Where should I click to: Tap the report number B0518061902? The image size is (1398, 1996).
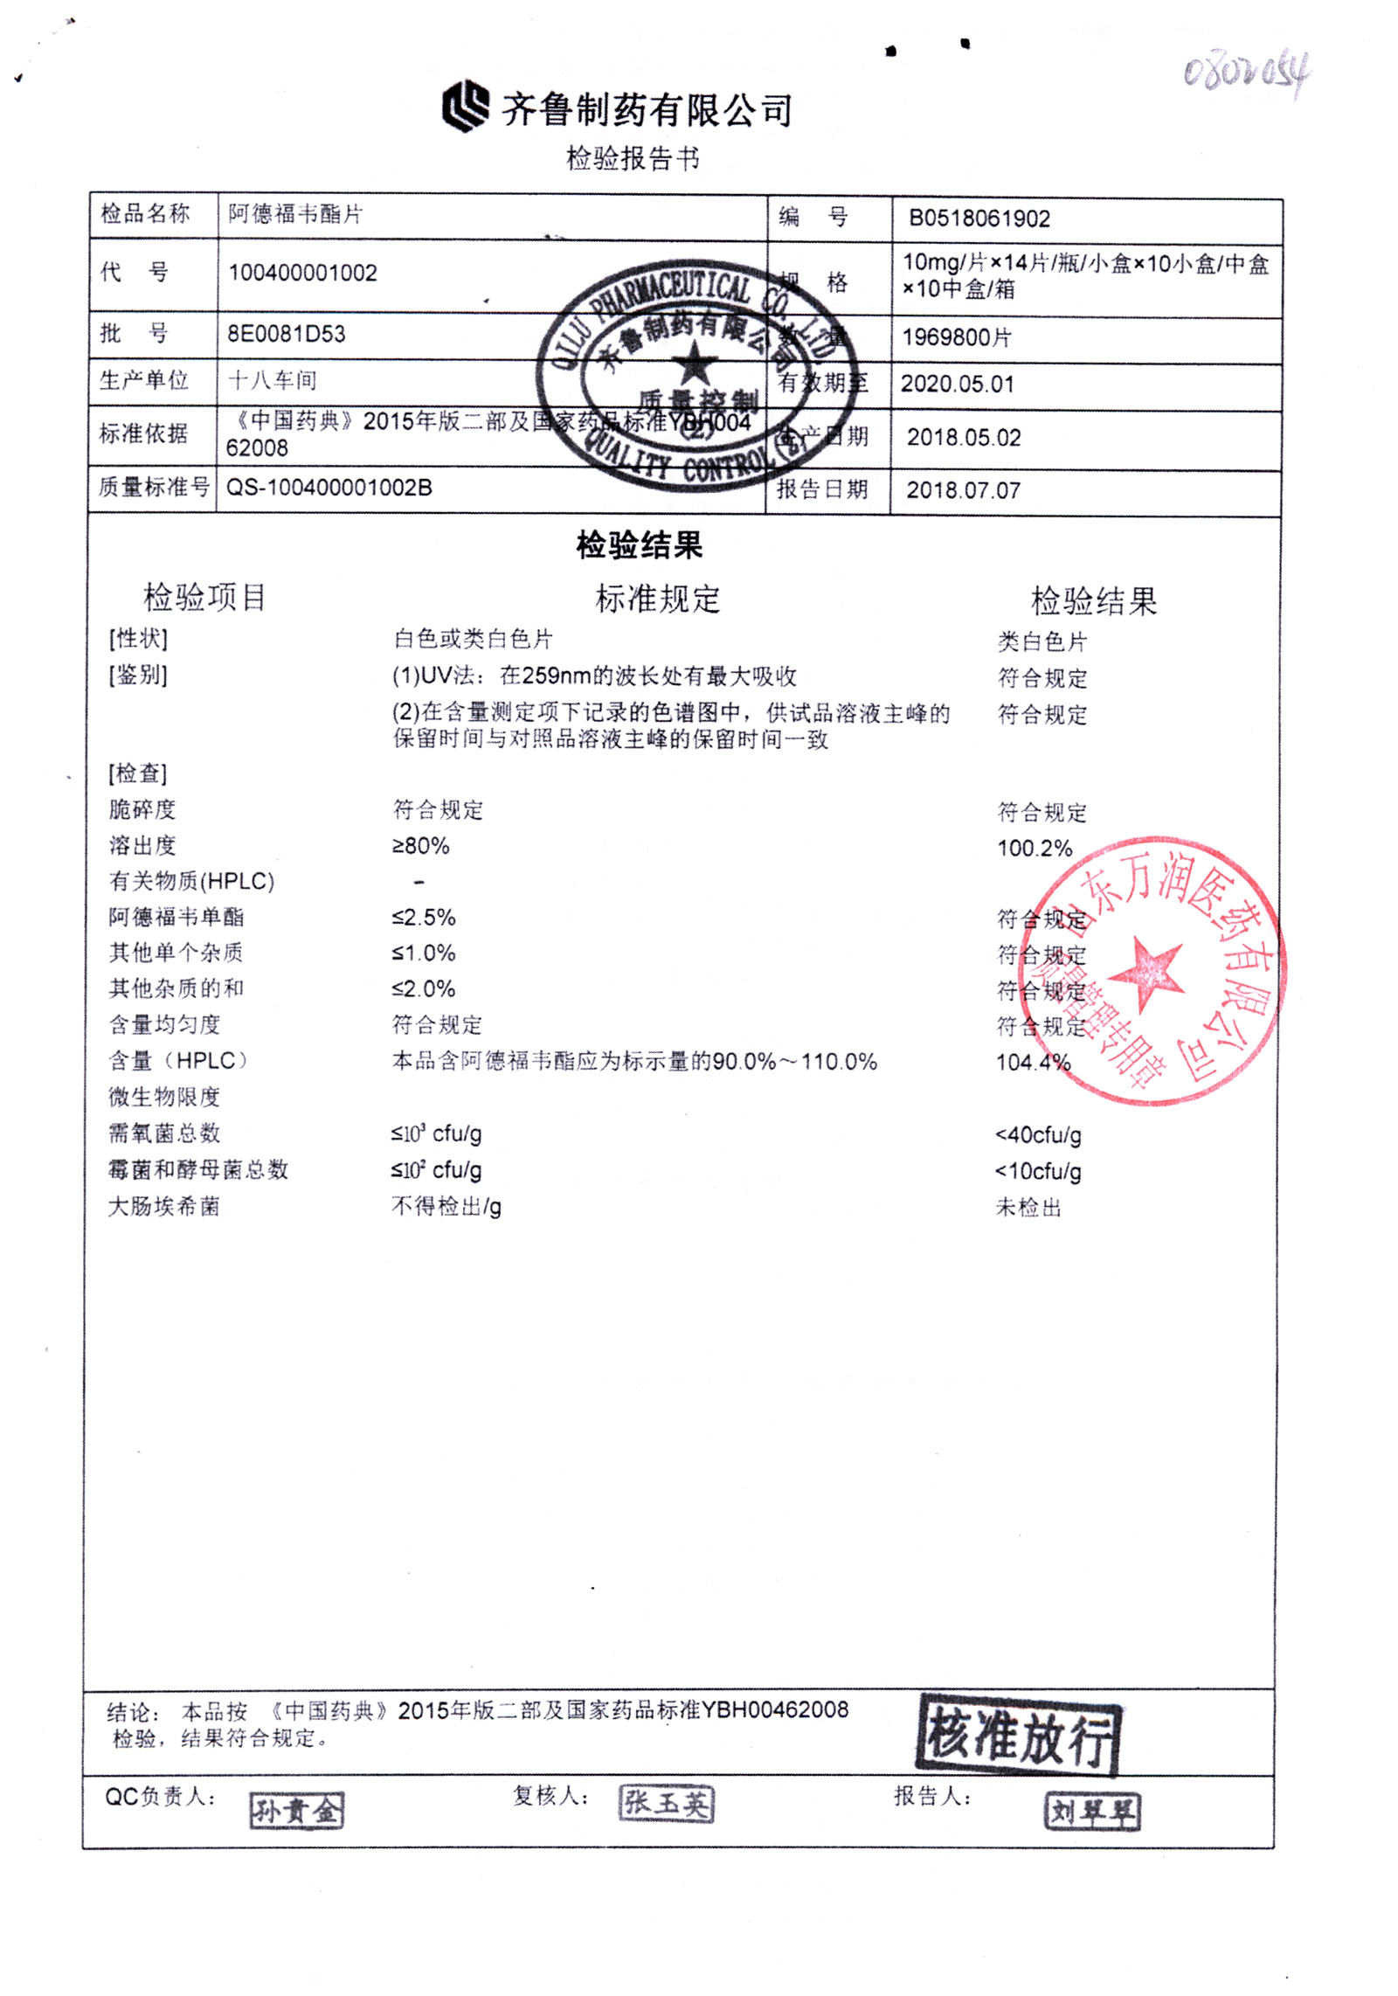(x=979, y=218)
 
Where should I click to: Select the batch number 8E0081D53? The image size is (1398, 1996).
(x=287, y=334)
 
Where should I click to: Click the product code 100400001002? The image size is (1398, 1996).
(x=302, y=273)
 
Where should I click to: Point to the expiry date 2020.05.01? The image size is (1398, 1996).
(x=957, y=384)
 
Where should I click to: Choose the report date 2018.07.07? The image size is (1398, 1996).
(x=963, y=490)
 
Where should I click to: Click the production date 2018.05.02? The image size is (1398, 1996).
(x=963, y=437)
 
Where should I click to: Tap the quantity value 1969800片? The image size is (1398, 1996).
(x=956, y=337)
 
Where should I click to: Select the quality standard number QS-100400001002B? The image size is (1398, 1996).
(x=329, y=488)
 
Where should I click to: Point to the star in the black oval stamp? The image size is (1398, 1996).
(x=695, y=363)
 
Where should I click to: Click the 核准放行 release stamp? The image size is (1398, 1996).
(x=1019, y=1735)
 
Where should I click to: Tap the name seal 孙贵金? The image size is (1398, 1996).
(x=296, y=1810)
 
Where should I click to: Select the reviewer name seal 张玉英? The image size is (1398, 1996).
(x=666, y=1803)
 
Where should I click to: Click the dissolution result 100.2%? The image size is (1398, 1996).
(x=1035, y=848)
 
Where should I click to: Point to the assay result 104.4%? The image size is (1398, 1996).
(x=1033, y=1062)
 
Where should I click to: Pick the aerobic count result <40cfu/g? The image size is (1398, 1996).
(x=1038, y=1134)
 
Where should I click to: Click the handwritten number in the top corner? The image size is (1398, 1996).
(x=1246, y=73)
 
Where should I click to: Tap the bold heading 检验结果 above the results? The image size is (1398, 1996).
(x=639, y=544)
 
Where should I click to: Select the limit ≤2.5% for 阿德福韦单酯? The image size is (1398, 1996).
(x=424, y=918)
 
